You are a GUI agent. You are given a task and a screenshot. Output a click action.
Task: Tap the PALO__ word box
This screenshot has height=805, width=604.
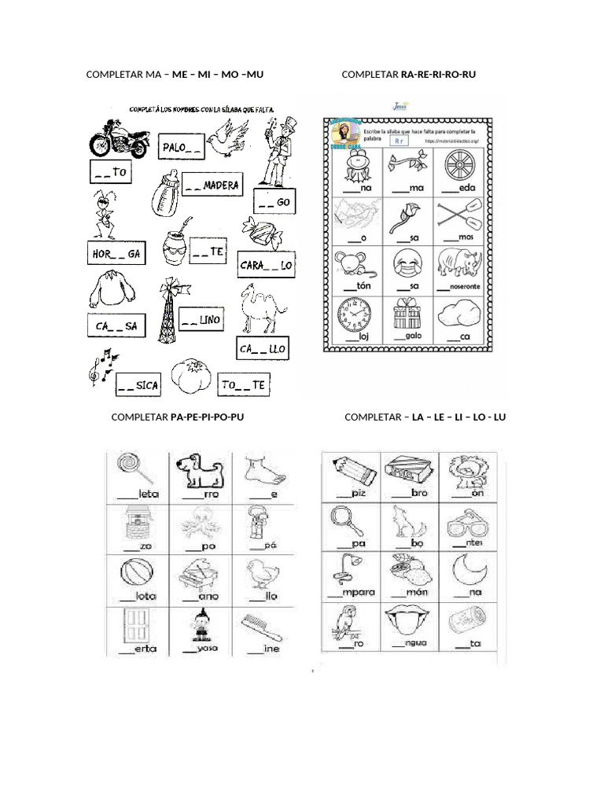coord(182,147)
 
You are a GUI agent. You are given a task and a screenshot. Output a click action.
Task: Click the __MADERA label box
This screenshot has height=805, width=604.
coord(212,186)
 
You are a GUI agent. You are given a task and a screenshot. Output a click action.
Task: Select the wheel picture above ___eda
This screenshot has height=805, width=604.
coord(462,167)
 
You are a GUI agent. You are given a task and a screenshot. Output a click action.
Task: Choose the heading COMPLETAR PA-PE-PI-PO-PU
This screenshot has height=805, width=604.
coord(178,417)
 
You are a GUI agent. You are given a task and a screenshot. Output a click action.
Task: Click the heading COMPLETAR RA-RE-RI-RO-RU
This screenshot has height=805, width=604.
coord(408,75)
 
